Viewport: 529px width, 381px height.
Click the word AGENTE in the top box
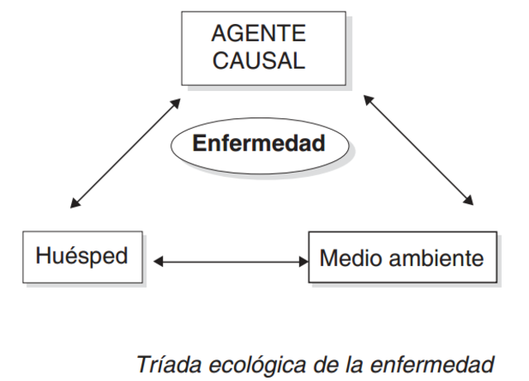(x=259, y=34)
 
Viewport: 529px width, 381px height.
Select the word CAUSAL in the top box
(x=259, y=61)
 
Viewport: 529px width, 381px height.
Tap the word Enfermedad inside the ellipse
(x=259, y=142)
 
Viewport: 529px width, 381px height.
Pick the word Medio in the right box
(x=348, y=259)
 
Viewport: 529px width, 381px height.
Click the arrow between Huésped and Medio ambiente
(x=230, y=262)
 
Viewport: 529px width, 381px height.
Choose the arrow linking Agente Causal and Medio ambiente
(x=420, y=150)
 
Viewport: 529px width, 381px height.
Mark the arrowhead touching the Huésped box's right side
(x=160, y=262)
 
